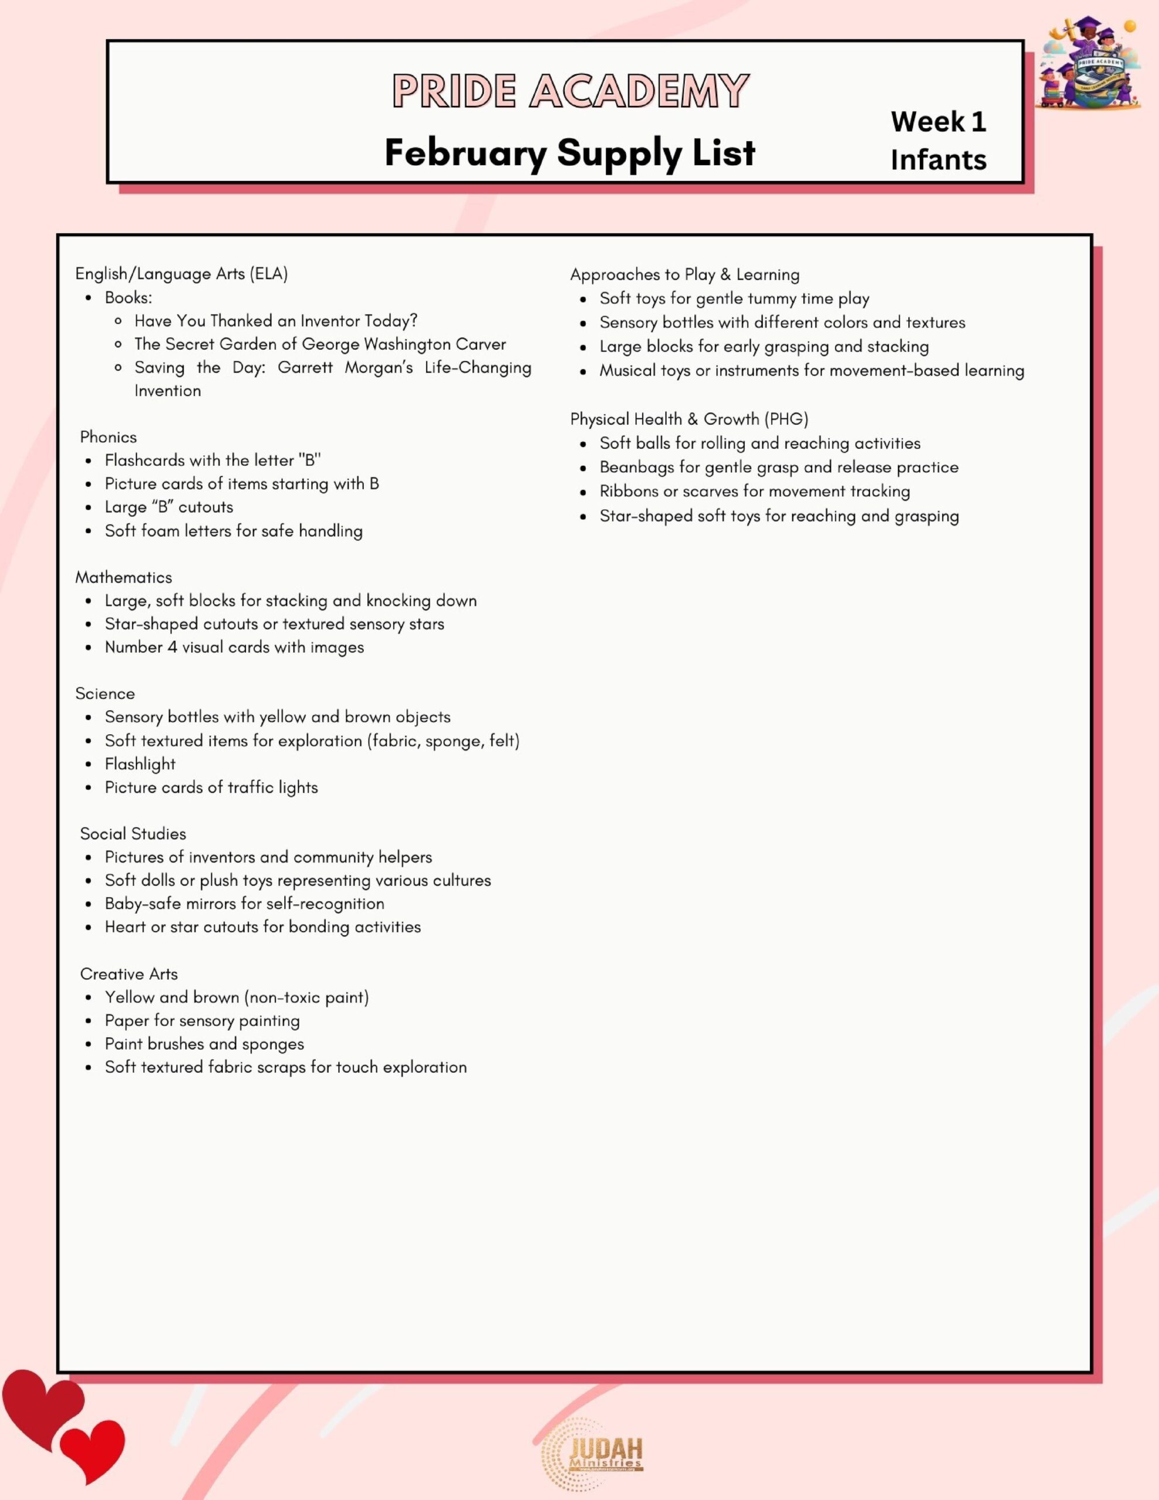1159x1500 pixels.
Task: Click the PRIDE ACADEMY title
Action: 570,91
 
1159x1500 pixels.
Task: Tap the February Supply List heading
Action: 570,152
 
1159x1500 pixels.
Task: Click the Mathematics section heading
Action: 124,578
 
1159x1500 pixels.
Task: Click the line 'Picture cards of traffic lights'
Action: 211,787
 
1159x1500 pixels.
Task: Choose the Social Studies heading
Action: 132,834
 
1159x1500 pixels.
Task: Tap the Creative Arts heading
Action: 128,974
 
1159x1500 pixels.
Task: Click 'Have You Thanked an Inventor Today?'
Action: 275,321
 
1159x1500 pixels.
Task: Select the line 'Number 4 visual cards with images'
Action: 234,647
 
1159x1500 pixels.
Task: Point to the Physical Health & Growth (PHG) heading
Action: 689,419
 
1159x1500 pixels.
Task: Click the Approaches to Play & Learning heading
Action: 684,275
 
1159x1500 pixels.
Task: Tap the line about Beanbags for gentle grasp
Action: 778,468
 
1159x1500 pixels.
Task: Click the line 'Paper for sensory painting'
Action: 202,1021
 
